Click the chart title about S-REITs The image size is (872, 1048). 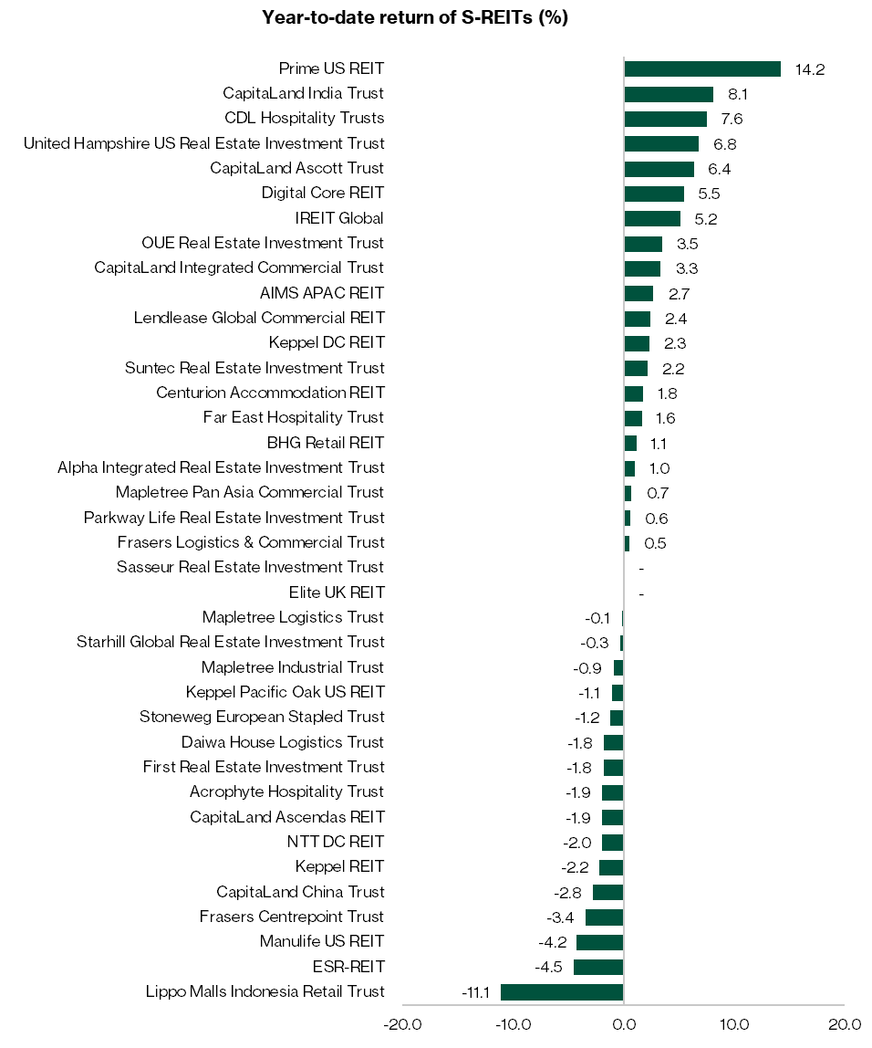click(415, 18)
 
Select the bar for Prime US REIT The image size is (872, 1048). click(701, 68)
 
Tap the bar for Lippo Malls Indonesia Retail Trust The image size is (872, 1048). click(562, 992)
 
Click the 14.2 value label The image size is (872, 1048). click(810, 69)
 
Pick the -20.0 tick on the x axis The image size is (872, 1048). click(402, 1024)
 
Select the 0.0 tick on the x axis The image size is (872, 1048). click(624, 1024)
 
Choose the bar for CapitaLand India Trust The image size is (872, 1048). click(669, 94)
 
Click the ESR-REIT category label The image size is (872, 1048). click(348, 967)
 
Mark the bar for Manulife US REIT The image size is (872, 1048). click(600, 942)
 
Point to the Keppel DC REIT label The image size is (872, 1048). click(327, 342)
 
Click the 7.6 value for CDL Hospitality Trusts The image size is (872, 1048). click(731, 119)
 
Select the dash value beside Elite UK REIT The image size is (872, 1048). click(641, 593)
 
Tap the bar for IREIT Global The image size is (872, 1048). click(652, 218)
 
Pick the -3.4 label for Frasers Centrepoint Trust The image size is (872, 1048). click(564, 917)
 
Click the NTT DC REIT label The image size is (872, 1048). click(336, 842)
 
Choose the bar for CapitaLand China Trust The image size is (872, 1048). click(608, 892)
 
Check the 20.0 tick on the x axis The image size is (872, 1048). click(845, 1024)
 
